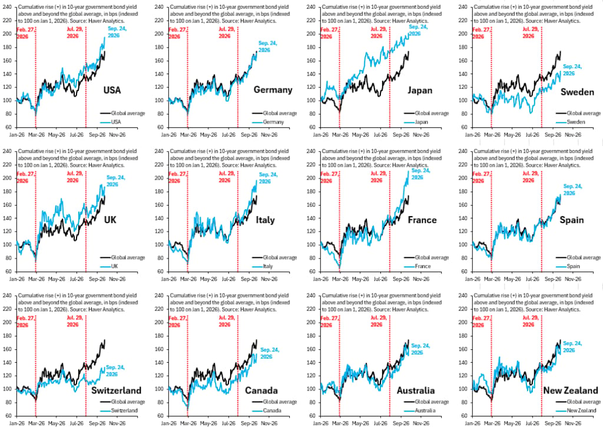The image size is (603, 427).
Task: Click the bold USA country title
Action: coord(112,90)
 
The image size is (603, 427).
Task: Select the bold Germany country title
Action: coord(273,90)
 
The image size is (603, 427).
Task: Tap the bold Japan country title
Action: coord(420,90)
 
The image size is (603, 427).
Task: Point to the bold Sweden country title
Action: coord(577,92)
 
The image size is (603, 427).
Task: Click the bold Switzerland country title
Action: coord(116,390)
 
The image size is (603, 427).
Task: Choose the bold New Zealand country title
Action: coord(570,390)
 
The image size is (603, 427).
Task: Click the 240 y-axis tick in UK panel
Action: coord(7,151)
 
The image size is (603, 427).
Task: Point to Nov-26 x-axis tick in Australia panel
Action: coord(420,423)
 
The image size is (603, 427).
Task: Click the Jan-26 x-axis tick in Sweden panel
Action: coord(473,135)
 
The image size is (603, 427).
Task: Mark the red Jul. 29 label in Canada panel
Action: coord(227,321)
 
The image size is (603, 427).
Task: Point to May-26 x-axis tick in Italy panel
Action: coord(208,279)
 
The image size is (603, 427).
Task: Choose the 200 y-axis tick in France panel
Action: coord(313,178)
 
